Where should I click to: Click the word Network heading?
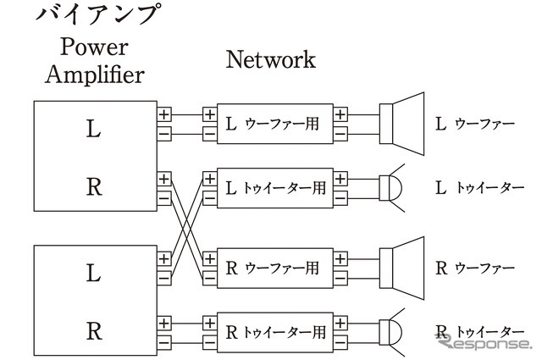point(270,59)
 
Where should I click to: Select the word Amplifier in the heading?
point(94,74)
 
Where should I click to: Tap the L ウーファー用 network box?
point(274,124)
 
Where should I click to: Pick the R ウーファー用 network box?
point(274,268)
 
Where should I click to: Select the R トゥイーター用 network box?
point(274,331)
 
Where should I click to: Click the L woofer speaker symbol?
point(401,124)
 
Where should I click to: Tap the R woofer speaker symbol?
point(401,268)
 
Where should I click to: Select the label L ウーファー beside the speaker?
point(475,124)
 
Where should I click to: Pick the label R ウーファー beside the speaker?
point(475,268)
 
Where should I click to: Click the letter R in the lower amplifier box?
point(93,330)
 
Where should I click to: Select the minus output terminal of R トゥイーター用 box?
point(340,341)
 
